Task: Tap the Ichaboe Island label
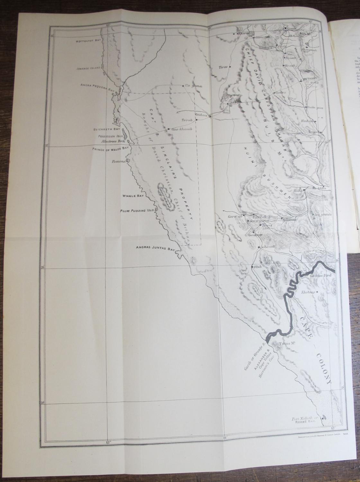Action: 88,68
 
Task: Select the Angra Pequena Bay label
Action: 98,86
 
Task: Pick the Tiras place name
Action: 223,67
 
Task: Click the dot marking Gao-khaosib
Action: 168,129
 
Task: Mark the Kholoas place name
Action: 308,292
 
